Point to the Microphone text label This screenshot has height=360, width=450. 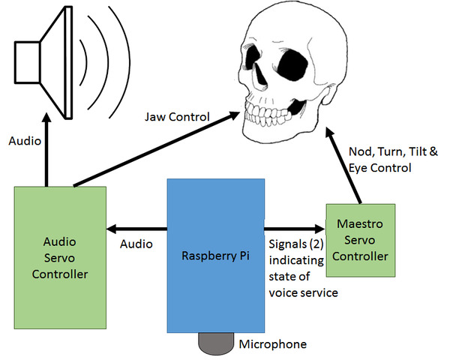click(272, 344)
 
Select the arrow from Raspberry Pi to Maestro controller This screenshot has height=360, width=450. click(292, 226)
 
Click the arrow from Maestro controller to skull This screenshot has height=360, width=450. click(349, 169)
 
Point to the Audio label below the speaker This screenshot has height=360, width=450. click(25, 140)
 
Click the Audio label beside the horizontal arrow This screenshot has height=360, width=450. click(136, 244)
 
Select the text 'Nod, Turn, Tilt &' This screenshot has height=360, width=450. click(394, 152)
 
